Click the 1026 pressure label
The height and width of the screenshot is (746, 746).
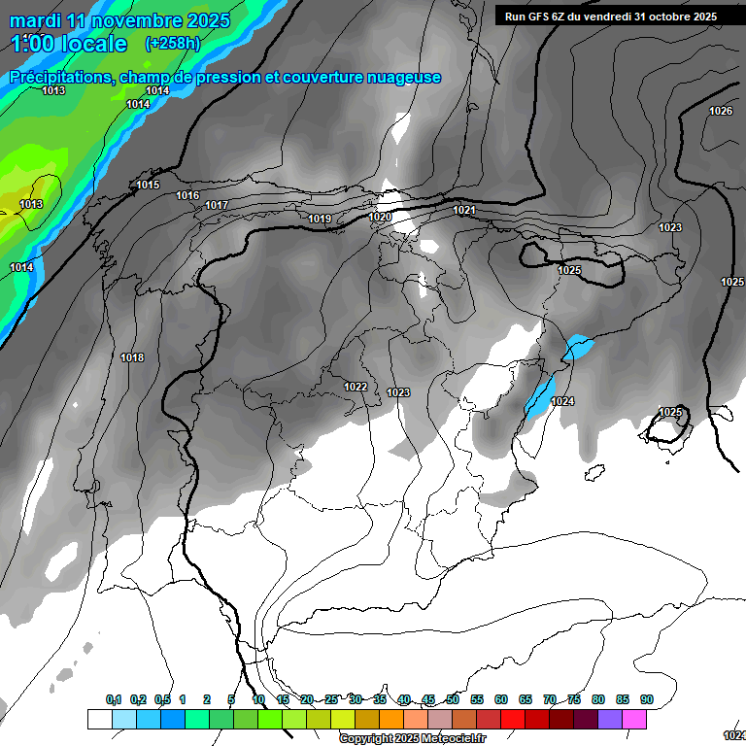721,112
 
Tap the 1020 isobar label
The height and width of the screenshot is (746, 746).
381,217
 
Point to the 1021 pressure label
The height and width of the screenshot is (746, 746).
464,210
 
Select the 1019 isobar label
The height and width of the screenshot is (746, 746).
320,219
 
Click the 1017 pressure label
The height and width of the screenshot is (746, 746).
217,205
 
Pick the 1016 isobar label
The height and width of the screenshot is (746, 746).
187,195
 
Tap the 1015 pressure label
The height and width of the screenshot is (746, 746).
148,185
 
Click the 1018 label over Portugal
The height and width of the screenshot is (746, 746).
132,357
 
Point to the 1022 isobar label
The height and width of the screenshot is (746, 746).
356,387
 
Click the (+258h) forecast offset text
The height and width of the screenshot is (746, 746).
172,44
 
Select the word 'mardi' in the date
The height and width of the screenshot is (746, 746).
36,20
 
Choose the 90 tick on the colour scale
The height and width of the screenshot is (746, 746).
647,699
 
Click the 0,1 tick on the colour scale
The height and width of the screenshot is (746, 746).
114,699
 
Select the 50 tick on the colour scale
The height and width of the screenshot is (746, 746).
453,699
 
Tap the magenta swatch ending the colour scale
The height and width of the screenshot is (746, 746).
634,719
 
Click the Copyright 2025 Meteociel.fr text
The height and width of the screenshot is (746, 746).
413,738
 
